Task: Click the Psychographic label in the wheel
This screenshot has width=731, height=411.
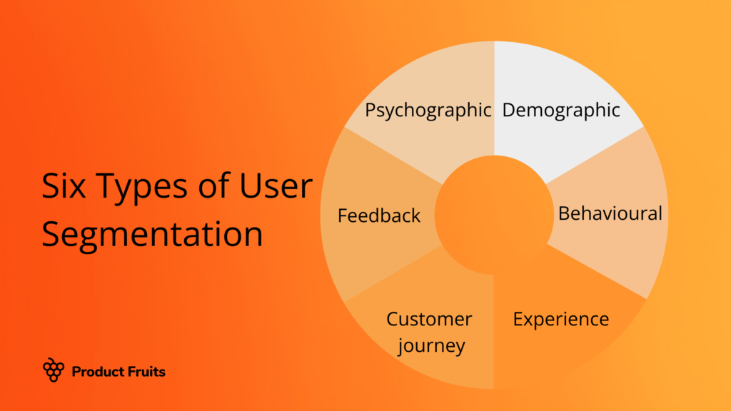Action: [428, 111]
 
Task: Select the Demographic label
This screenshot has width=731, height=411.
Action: [561, 111]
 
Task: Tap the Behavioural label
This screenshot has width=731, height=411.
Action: [610, 213]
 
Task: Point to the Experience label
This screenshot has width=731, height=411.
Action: [561, 319]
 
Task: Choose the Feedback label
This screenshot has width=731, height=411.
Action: [379, 215]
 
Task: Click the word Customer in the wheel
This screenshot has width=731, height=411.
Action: [429, 319]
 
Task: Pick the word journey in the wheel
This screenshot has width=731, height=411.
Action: [432, 347]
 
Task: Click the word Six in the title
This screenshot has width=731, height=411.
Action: [66, 188]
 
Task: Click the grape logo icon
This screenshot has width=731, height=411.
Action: [54, 370]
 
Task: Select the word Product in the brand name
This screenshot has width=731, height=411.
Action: [96, 371]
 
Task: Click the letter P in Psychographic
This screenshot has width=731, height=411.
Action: [371, 110]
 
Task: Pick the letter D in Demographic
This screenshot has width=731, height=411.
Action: [509, 110]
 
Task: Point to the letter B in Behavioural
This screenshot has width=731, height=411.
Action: [564, 213]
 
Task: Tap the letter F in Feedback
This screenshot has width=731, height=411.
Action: [343, 215]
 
